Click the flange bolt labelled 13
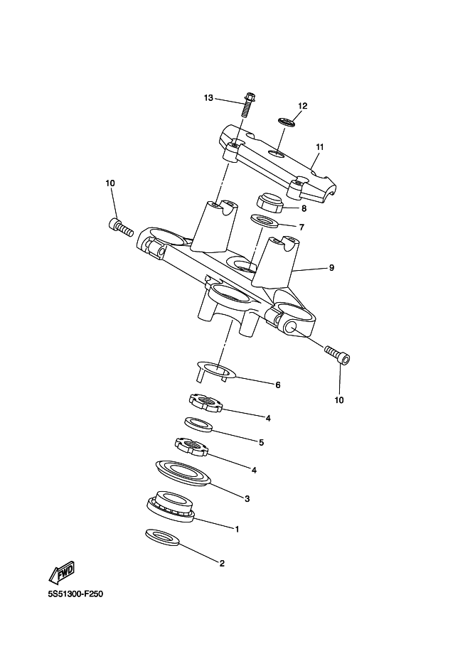click(248, 105)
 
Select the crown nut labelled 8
click(270, 203)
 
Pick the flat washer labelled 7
click(266, 220)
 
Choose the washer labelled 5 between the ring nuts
click(199, 424)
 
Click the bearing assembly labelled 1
click(171, 507)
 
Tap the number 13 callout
click(208, 97)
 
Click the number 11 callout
click(320, 147)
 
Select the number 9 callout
click(331, 268)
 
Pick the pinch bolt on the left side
click(121, 227)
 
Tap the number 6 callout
click(278, 385)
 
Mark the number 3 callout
click(247, 499)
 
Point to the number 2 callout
click(221, 564)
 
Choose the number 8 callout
click(304, 209)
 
